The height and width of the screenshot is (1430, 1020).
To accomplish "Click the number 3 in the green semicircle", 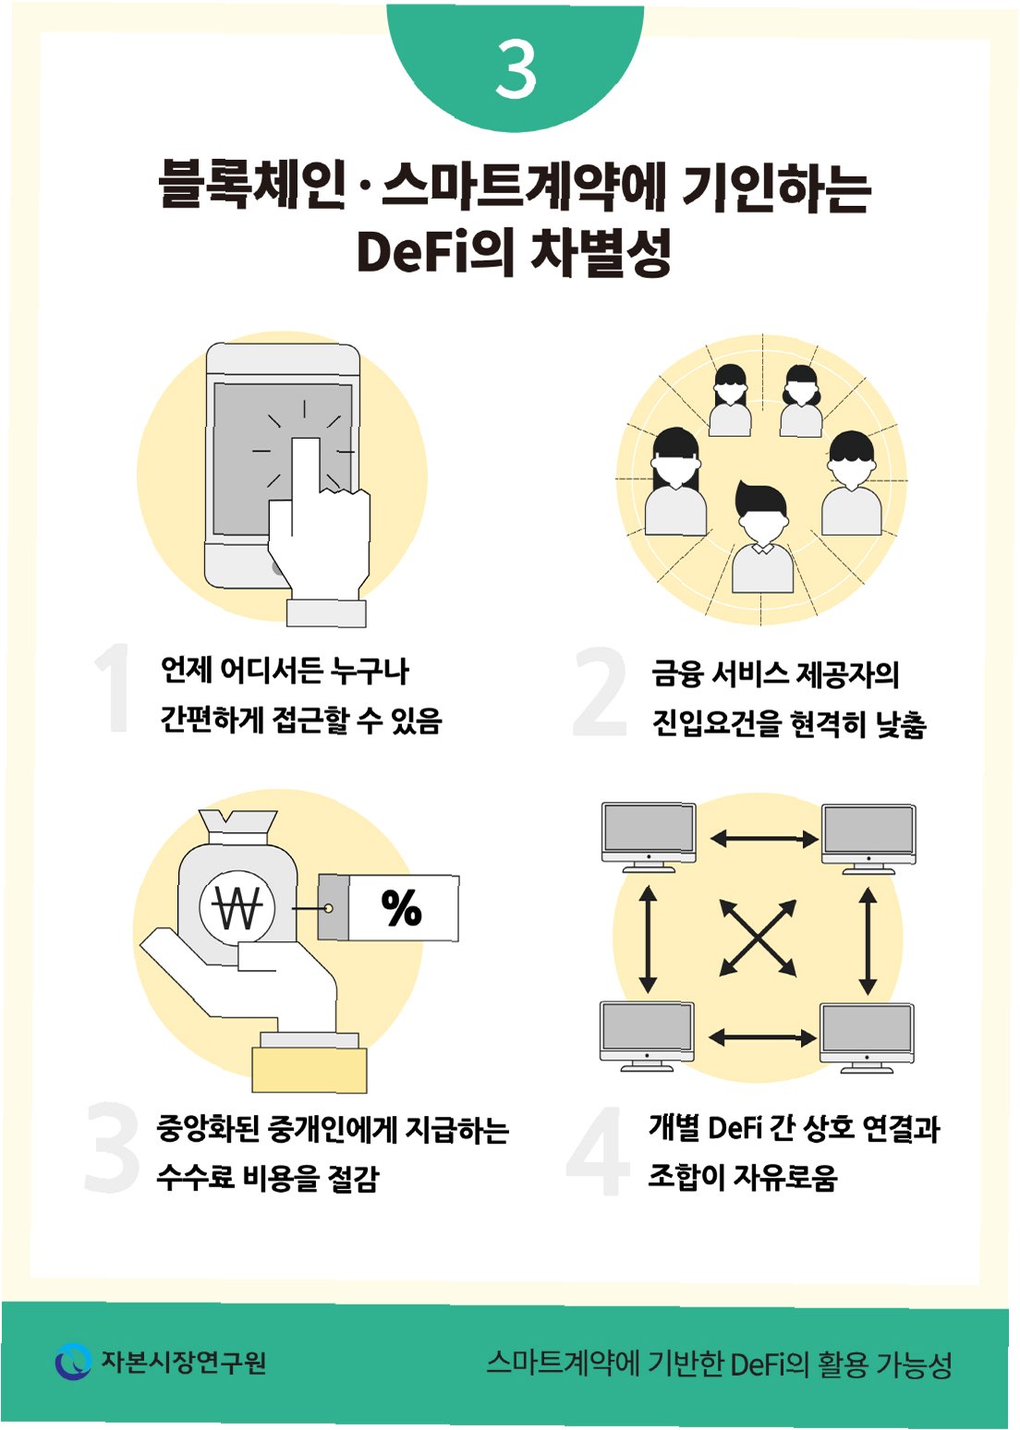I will pos(516,69).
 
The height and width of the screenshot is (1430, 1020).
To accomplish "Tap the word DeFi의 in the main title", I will pos(434,251).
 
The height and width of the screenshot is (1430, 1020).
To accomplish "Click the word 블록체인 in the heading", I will pos(251,185).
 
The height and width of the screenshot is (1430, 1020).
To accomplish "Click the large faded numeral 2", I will pos(601,692).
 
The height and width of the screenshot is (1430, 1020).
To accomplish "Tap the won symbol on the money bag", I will pos(237,908).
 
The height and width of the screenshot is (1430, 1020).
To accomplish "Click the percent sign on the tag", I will pos(401,908).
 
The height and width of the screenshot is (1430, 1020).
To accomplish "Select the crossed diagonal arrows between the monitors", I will pos(758,938).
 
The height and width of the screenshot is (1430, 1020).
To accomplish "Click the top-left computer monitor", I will pos(648,835).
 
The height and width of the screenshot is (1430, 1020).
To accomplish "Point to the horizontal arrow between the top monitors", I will pos(763,839).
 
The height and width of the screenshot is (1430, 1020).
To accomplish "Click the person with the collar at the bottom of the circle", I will pos(762,540).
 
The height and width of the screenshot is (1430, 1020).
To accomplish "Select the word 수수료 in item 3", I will pos(195,1178).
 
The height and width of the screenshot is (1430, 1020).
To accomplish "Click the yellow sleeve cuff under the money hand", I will pos(310,1070).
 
